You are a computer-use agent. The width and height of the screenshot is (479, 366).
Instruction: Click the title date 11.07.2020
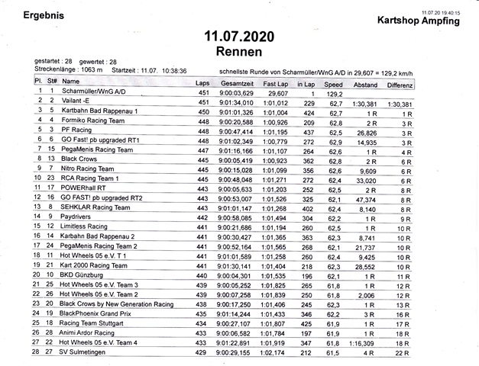239,37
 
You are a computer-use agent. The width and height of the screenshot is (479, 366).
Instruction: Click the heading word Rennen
239,52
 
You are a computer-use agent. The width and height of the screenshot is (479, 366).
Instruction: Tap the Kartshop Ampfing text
417,21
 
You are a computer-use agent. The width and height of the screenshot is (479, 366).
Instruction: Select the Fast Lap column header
275,83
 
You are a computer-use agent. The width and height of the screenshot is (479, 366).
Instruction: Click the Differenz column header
400,84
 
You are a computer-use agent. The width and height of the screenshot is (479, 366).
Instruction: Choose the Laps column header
202,83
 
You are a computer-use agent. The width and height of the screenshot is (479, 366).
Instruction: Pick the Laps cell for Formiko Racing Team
202,121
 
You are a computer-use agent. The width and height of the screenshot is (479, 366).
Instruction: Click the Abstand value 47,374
366,198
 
